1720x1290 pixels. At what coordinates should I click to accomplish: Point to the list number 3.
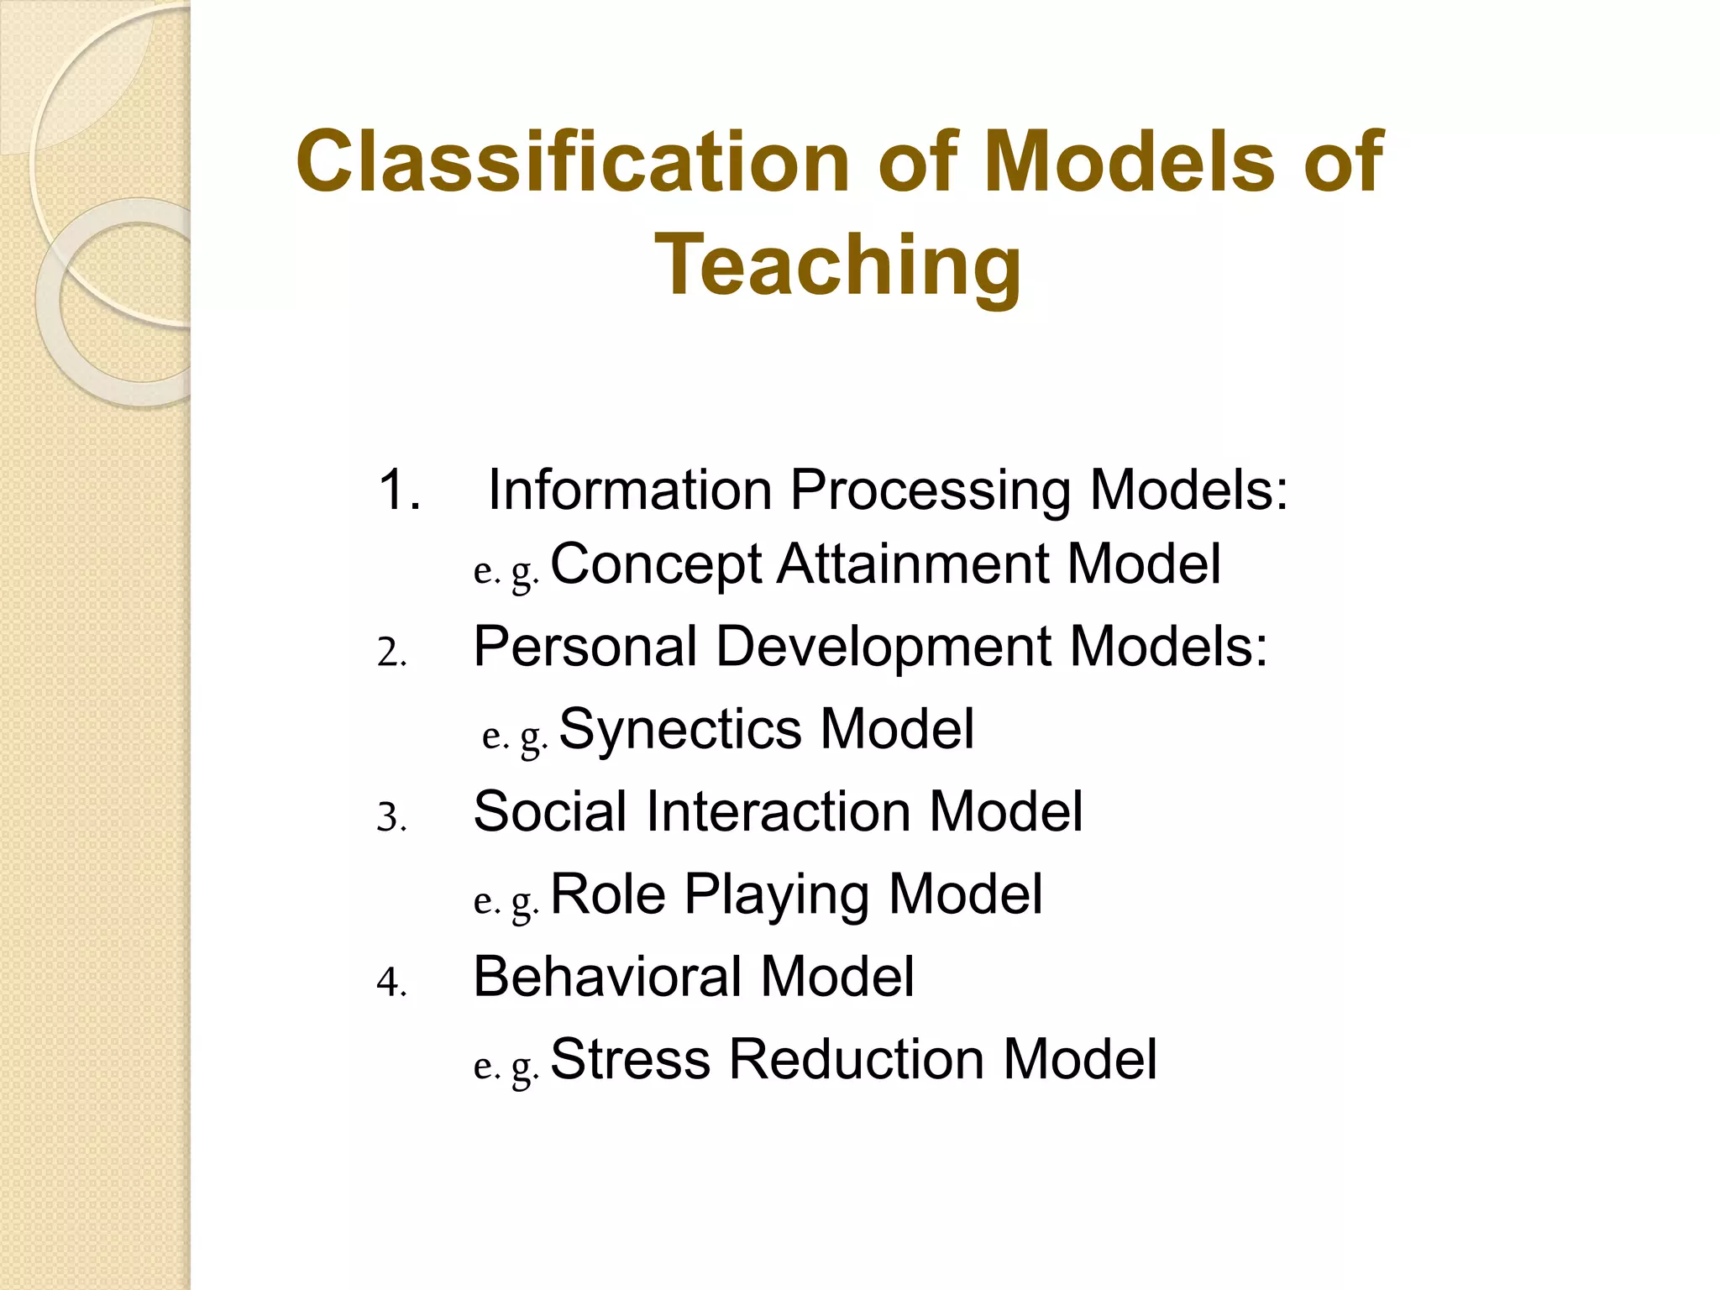point(391,817)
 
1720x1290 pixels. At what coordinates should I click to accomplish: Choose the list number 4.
point(391,982)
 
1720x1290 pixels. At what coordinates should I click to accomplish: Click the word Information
point(630,490)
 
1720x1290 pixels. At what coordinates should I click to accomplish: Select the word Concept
point(655,564)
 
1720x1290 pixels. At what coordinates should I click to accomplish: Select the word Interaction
point(778,811)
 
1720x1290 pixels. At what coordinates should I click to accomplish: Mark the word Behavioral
point(607,976)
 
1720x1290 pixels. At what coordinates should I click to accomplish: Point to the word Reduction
point(856,1059)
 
